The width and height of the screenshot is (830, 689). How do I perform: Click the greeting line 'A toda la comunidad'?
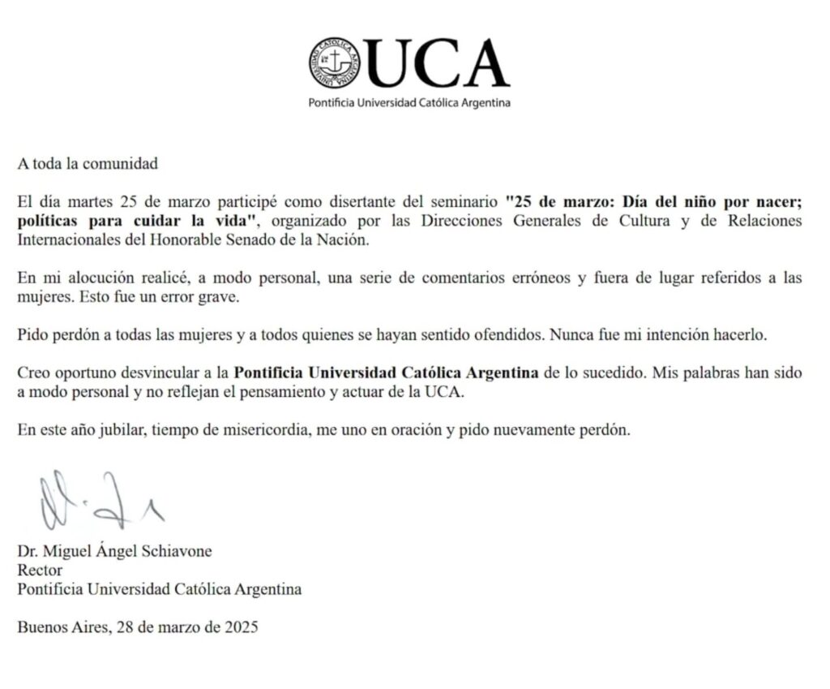(x=88, y=163)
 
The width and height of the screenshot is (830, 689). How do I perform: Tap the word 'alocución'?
(x=84, y=277)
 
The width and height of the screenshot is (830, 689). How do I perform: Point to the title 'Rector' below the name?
(x=40, y=571)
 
